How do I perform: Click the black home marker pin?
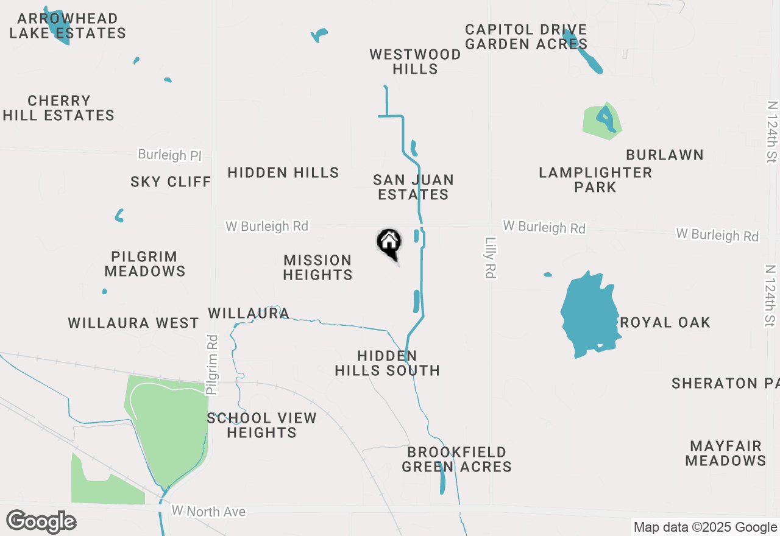[x=389, y=243]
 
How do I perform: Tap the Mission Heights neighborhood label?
[x=317, y=267]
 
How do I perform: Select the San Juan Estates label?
[x=413, y=187]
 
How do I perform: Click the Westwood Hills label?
[x=415, y=62]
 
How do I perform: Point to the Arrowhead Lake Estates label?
[x=67, y=26]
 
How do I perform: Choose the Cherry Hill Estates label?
[x=59, y=108]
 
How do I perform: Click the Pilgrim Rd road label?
[x=212, y=364]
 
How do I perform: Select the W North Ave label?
[x=208, y=511]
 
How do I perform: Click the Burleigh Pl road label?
[x=169, y=155]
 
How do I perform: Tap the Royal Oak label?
[x=665, y=322]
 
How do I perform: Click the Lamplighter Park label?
[x=595, y=180]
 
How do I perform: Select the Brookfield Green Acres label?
[x=456, y=459]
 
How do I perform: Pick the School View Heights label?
[x=262, y=425]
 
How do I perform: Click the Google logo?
[x=41, y=522]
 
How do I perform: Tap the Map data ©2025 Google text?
[x=705, y=527]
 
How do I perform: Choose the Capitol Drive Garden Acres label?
[x=526, y=37]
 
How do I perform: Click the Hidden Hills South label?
[x=387, y=363]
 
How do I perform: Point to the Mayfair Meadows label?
[x=725, y=453]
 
